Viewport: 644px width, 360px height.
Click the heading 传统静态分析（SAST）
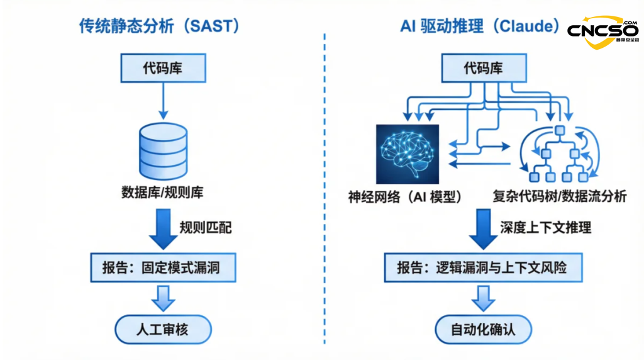160,26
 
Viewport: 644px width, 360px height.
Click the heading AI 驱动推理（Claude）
480,26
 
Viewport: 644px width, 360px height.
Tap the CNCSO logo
602,31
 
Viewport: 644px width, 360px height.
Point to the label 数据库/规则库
162,193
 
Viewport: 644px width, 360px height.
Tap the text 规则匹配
205,227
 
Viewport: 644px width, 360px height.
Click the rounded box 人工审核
163,330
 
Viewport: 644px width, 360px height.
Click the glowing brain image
407,154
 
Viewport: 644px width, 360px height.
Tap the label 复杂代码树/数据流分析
559,196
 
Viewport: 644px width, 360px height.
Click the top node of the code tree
560,131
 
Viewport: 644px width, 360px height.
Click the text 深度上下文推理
545,227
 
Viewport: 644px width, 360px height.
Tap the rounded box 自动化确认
483,330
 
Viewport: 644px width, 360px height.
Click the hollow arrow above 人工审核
163,298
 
